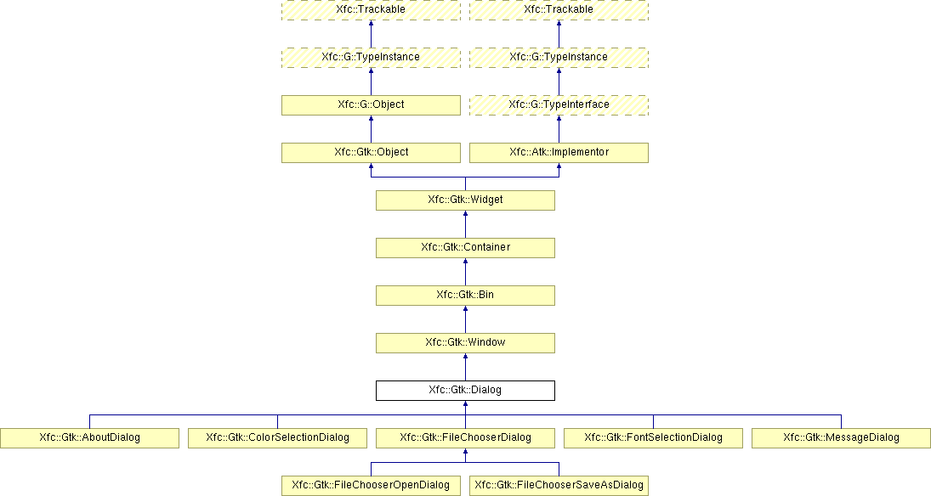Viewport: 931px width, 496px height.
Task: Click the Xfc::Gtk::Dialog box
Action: click(x=466, y=391)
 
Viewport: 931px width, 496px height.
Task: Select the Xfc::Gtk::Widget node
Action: click(x=466, y=200)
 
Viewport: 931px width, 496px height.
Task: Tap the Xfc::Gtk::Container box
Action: click(x=466, y=247)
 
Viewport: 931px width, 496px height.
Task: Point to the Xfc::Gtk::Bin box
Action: click(x=466, y=296)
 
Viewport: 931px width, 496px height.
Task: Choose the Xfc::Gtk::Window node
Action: click(x=466, y=343)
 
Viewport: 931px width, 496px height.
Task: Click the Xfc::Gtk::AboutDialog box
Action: click(x=89, y=438)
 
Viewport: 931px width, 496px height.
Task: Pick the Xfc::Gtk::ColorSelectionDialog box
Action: click(x=277, y=438)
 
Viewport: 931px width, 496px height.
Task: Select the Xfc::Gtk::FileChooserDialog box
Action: click(x=466, y=438)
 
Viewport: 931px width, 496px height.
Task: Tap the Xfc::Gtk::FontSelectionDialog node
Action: click(x=653, y=438)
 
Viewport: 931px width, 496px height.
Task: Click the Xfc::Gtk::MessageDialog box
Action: click(x=842, y=438)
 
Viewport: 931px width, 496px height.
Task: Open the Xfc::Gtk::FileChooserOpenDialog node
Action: click(x=371, y=485)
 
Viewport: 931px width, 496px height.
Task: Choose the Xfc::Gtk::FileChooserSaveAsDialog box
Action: click(x=559, y=485)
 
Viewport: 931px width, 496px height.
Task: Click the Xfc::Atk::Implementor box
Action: click(x=559, y=153)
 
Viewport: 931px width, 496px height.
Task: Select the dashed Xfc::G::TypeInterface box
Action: click(x=559, y=105)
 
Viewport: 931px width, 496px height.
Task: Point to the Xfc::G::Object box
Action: click(x=371, y=105)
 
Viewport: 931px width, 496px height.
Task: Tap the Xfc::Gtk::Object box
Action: click(x=371, y=153)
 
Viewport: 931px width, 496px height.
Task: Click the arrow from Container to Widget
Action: click(x=466, y=224)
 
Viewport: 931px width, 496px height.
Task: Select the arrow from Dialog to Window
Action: click(x=466, y=367)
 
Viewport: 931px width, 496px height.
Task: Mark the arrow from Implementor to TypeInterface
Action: click(x=559, y=129)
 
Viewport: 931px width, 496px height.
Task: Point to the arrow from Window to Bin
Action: click(x=466, y=320)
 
